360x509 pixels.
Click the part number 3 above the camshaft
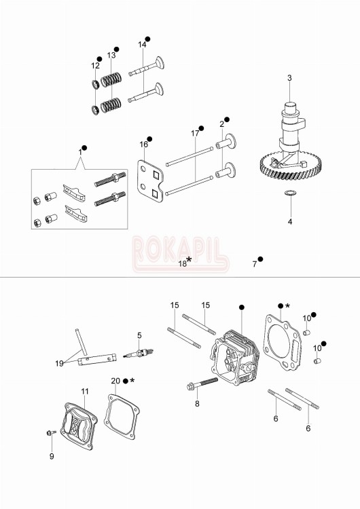(x=289, y=78)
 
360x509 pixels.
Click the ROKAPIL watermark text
(x=179, y=248)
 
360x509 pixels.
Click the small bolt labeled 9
(x=52, y=432)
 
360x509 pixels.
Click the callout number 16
(x=143, y=145)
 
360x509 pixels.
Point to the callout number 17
(x=195, y=134)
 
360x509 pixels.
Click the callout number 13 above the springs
(x=111, y=55)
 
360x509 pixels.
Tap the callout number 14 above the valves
(x=142, y=44)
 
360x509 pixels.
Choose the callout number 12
(x=95, y=65)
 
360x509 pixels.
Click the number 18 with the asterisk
(x=183, y=263)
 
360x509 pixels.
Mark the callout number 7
(x=255, y=263)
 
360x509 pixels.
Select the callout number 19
(x=60, y=364)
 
